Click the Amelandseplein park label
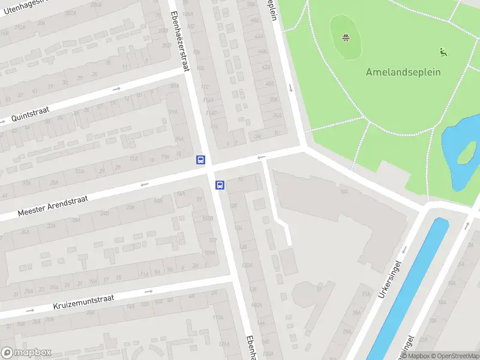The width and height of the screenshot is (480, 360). [403, 72]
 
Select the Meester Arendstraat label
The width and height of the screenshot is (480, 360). [53, 205]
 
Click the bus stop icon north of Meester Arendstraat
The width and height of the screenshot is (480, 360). [200, 160]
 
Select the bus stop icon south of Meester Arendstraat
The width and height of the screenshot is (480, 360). [220, 185]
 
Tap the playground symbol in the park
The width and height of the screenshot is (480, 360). [346, 38]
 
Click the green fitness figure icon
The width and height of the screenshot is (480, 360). [443, 52]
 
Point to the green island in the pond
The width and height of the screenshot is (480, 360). [466, 154]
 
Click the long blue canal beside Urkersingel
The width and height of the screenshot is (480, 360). [408, 288]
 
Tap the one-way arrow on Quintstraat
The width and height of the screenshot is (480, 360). [116, 89]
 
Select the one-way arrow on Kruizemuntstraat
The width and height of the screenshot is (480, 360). [149, 292]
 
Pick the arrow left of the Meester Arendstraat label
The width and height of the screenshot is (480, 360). [144, 184]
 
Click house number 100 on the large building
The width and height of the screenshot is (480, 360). [344, 192]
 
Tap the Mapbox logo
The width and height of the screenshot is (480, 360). [26, 352]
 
